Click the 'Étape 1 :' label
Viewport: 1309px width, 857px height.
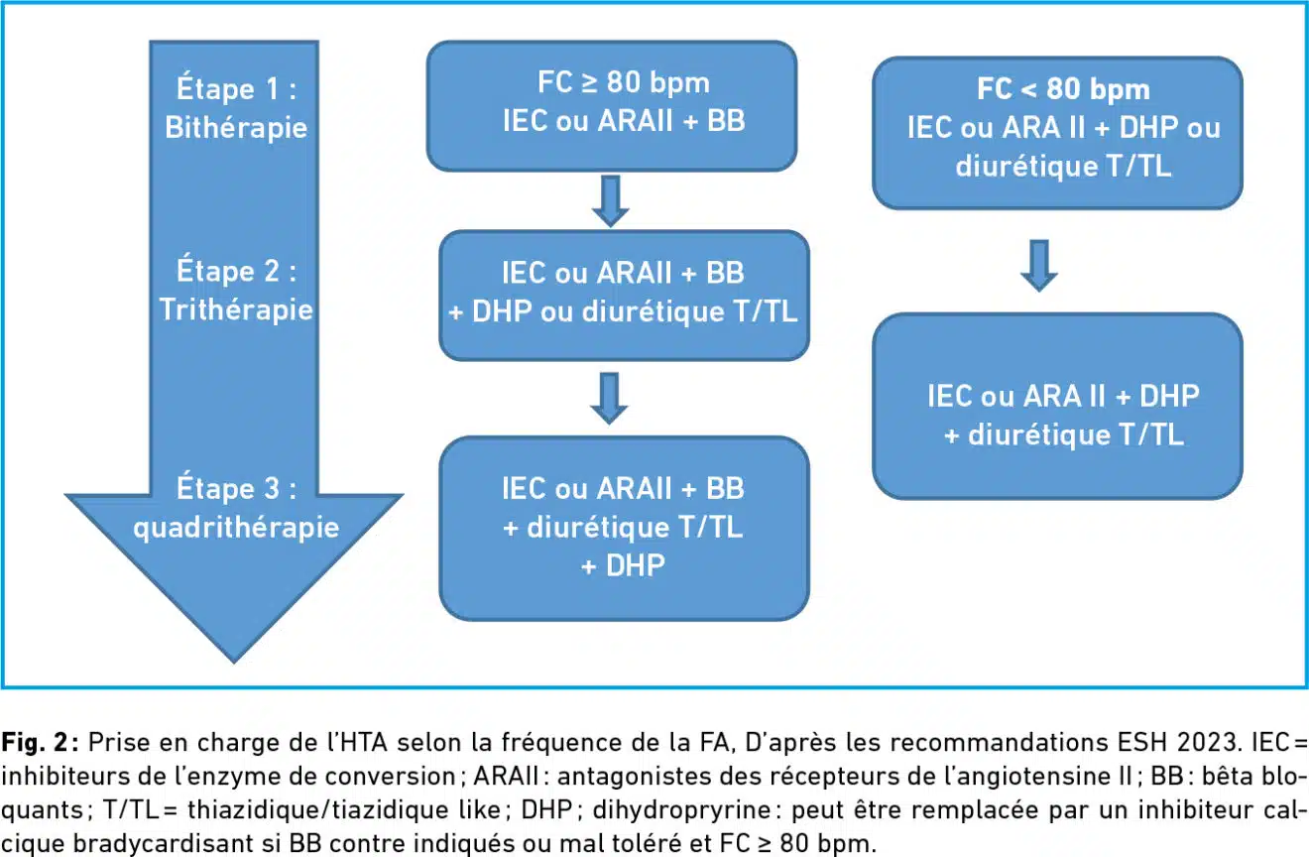[x=237, y=89]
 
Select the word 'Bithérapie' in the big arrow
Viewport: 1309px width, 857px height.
[x=236, y=127]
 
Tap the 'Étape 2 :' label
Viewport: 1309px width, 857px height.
[x=237, y=271]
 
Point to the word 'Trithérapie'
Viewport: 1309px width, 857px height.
[x=236, y=309]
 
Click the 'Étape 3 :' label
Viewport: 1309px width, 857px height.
[x=237, y=488]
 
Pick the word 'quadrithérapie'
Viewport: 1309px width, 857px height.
[x=236, y=528]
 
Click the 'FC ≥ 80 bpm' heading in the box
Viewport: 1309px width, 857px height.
[x=624, y=82]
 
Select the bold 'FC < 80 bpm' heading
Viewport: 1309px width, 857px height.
[x=1063, y=89]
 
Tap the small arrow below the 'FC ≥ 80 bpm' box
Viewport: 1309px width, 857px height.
[x=611, y=200]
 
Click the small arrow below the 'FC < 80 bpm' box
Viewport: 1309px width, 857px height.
[x=1039, y=265]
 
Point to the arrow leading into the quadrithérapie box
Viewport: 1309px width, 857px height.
[x=609, y=398]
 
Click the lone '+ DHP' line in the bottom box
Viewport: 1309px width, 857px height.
[x=623, y=565]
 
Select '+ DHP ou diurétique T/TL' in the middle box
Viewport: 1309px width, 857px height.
[x=623, y=311]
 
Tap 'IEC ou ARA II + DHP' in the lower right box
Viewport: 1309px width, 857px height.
[x=1063, y=396]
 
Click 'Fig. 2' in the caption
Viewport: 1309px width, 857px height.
[x=36, y=742]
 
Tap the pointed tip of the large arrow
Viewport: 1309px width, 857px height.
[x=234, y=663]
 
